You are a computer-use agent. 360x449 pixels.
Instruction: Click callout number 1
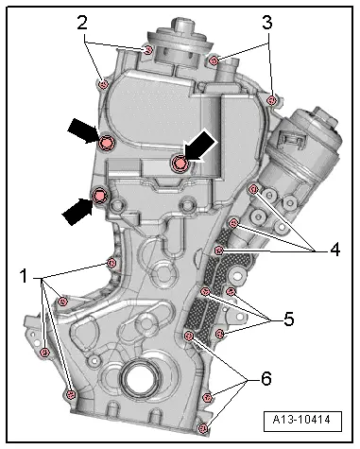click(x=22, y=280)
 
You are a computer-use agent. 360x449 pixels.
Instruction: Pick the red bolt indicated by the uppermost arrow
click(x=106, y=143)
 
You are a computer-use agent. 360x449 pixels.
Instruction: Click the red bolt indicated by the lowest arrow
click(x=98, y=197)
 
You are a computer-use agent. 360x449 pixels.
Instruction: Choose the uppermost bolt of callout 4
click(x=252, y=190)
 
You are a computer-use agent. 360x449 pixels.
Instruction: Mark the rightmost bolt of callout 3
click(x=272, y=99)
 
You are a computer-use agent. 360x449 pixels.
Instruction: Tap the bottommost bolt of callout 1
click(x=70, y=394)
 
